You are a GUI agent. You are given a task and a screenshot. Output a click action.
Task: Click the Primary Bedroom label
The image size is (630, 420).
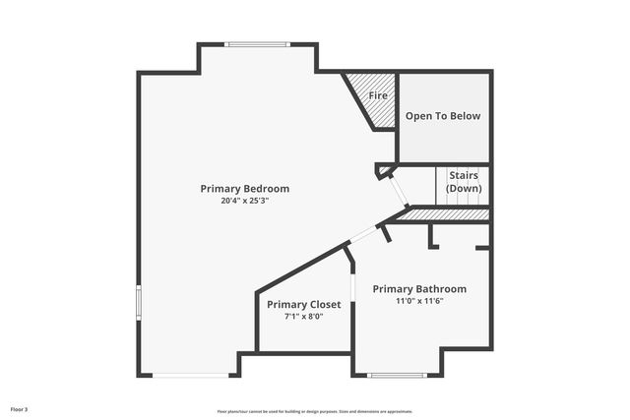pyautogui.click(x=244, y=188)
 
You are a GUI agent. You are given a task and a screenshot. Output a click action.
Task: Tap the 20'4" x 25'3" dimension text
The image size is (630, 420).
pyautogui.click(x=244, y=200)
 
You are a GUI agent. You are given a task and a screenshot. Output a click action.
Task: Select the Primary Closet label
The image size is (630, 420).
pyautogui.click(x=303, y=304)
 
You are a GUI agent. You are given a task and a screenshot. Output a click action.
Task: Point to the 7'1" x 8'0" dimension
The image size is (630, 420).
pyautogui.click(x=303, y=317)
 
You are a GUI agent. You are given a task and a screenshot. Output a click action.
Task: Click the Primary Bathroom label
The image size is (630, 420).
pyautogui.click(x=419, y=288)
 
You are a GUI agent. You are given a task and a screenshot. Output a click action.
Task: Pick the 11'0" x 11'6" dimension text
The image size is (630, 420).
pyautogui.click(x=419, y=301)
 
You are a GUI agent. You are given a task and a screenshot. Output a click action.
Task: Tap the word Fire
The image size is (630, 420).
pyautogui.click(x=378, y=96)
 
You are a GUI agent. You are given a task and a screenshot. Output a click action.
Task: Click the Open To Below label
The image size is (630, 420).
pyautogui.click(x=443, y=116)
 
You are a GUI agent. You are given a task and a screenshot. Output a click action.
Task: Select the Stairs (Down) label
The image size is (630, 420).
pyautogui.click(x=463, y=181)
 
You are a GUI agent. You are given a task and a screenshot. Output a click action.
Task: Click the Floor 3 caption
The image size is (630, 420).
pyautogui.click(x=20, y=408)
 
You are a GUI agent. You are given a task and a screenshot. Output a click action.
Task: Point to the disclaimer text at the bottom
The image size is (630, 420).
pyautogui.click(x=315, y=411)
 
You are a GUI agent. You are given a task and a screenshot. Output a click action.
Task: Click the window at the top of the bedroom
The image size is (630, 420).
pyautogui.click(x=258, y=44)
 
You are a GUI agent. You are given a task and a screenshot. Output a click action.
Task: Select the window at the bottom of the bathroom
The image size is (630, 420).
pyautogui.click(x=397, y=375)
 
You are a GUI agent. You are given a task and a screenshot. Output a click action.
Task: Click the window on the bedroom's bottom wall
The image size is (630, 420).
pyautogui.click(x=191, y=375)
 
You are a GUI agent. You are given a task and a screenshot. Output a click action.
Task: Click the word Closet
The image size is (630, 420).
pyautogui.click(x=325, y=304)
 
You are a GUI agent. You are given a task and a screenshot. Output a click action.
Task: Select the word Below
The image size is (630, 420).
pyautogui.click(x=466, y=116)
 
